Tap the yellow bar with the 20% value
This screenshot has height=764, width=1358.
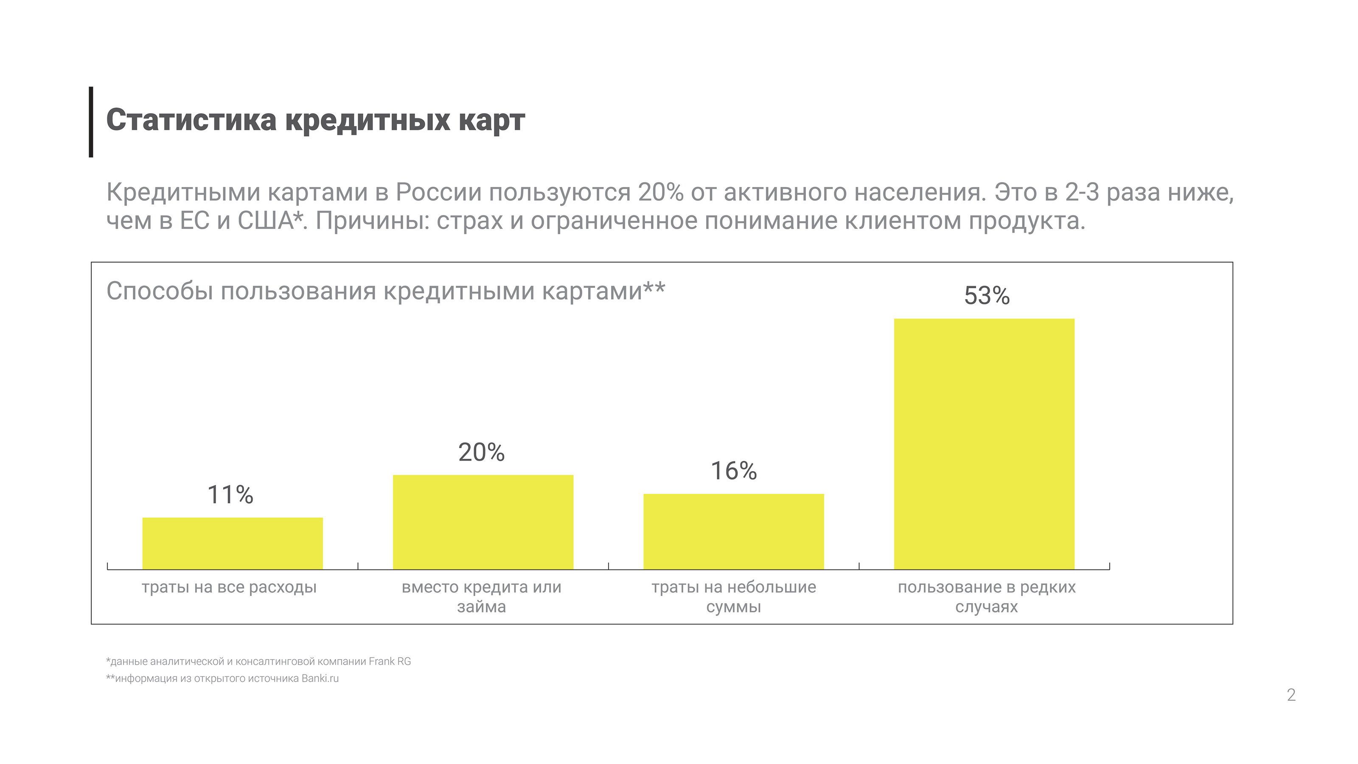point(483,522)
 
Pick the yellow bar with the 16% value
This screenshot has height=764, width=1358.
point(733,531)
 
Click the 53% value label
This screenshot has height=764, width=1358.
point(986,295)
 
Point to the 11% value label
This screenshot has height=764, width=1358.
point(230,494)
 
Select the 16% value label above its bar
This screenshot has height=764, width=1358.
point(733,470)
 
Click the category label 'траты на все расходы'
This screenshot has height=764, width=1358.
point(229,587)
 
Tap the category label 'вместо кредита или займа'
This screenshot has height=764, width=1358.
point(481,596)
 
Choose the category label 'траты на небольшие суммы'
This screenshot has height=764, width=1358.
point(733,596)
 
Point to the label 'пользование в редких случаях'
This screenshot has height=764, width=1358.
point(986,596)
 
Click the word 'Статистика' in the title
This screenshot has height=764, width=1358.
point(191,120)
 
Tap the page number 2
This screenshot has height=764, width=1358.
point(1291,695)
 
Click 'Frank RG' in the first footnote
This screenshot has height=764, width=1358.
point(390,661)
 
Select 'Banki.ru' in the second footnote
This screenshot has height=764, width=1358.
point(320,678)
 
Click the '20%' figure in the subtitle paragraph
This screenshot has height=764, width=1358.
point(661,192)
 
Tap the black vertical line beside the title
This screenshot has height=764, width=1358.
point(91,122)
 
